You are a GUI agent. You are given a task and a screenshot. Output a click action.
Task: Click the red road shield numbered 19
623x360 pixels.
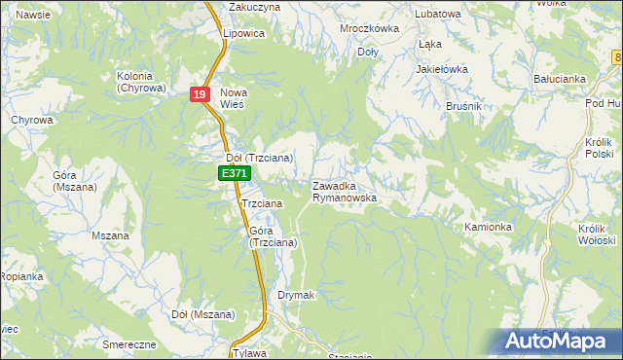pyautogui.click(x=200, y=94)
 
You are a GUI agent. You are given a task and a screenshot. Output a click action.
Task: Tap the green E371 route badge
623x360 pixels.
pyautogui.click(x=234, y=173)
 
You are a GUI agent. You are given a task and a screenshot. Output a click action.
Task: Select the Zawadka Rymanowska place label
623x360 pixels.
pyautogui.click(x=344, y=191)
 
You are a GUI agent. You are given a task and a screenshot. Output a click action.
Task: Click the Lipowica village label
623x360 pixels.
pyautogui.click(x=243, y=33)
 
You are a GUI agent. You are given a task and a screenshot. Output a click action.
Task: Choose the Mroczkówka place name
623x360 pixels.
pyautogui.click(x=369, y=28)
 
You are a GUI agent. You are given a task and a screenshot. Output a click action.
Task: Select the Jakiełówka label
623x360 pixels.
pyautogui.click(x=442, y=70)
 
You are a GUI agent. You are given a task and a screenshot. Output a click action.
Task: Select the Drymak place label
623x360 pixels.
pyautogui.click(x=295, y=295)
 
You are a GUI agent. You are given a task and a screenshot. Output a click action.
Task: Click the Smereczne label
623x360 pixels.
pyautogui.click(x=128, y=344)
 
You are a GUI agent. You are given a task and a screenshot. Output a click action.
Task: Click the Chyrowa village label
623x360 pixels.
pyautogui.click(x=31, y=120)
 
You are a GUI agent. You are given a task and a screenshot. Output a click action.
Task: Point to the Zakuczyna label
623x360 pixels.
pyautogui.click(x=254, y=7)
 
